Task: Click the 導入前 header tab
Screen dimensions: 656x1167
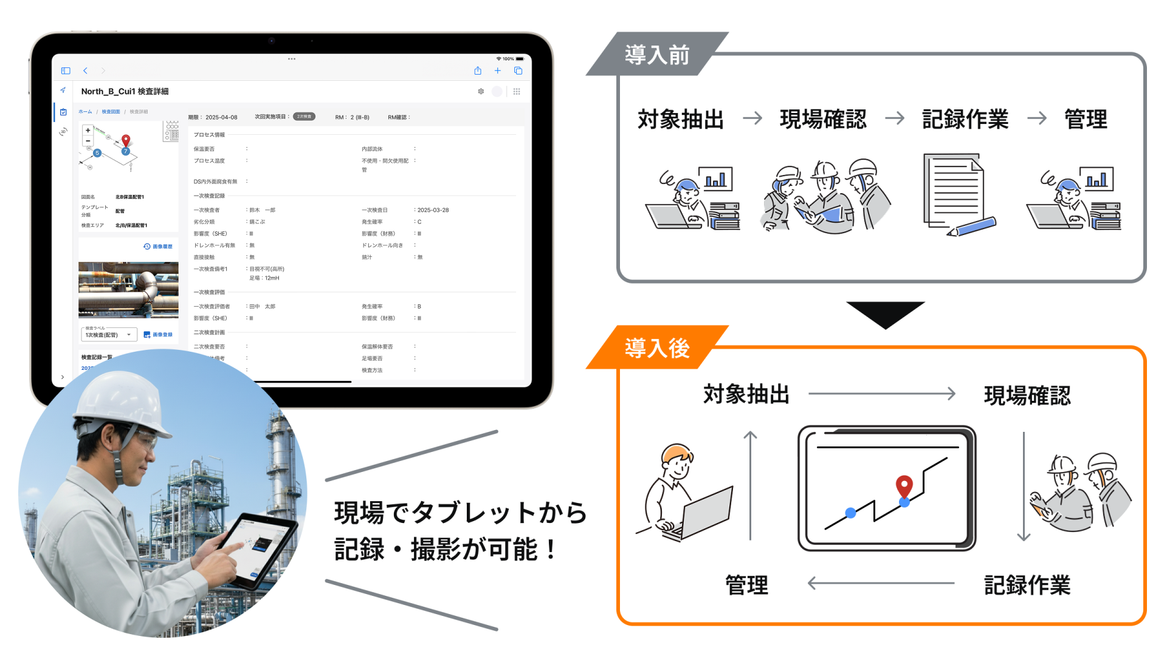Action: (656, 55)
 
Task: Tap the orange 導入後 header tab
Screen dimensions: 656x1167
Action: (656, 348)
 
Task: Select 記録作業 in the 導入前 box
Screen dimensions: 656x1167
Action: (965, 119)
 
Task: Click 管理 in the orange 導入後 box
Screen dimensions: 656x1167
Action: (746, 585)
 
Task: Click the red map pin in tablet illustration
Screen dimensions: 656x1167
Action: (904, 486)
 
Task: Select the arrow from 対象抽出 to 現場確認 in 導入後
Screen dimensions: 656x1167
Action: (881, 394)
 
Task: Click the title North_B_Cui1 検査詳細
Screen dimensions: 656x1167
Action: (125, 92)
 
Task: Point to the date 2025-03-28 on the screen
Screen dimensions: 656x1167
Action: (433, 210)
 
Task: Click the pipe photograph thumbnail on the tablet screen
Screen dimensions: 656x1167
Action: (128, 290)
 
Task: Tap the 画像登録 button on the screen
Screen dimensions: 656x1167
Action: (158, 335)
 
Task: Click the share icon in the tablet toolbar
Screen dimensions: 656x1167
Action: (478, 71)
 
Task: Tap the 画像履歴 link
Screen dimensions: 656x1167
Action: (158, 247)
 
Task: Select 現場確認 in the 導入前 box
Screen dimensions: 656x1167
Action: (823, 119)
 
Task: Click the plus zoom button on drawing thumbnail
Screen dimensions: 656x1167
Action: (88, 131)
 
